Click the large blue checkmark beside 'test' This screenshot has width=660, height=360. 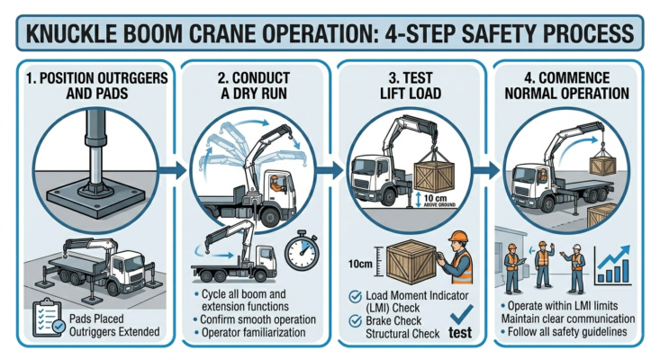pyautogui.click(x=461, y=315)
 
